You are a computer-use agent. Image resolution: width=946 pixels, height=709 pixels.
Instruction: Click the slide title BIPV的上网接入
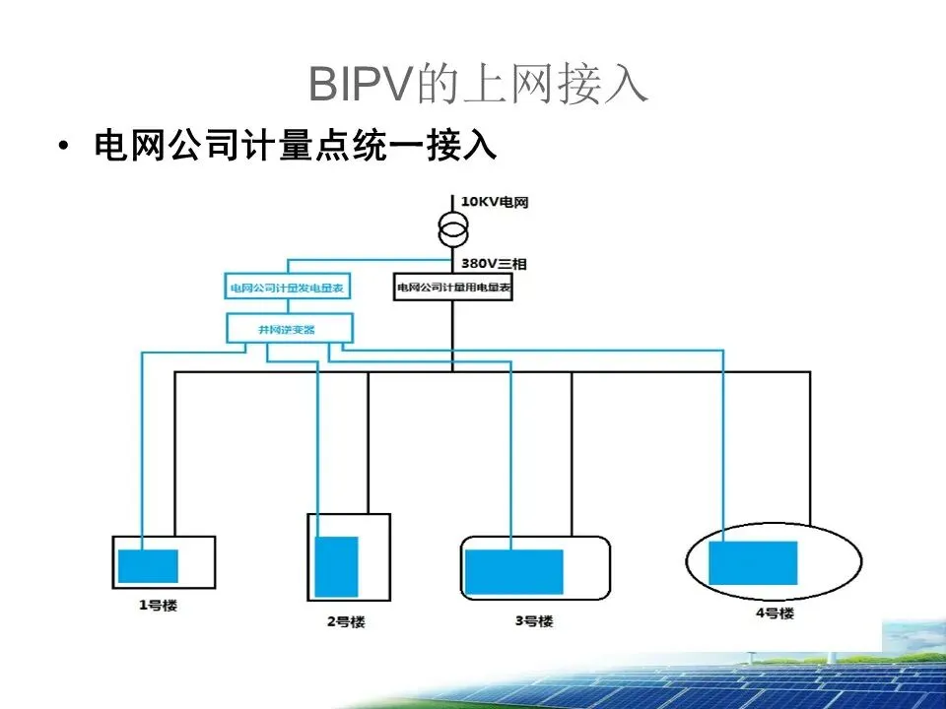pos(479,85)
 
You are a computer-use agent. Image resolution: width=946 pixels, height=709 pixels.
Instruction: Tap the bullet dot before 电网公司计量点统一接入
pos(65,148)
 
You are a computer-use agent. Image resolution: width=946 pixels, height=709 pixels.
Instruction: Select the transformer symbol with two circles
pos(453,232)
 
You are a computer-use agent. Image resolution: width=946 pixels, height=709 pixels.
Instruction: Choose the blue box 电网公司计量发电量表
pos(289,289)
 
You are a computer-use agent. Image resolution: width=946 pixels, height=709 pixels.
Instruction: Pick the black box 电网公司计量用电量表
pos(453,288)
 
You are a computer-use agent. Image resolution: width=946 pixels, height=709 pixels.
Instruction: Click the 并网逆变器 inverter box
pos(288,330)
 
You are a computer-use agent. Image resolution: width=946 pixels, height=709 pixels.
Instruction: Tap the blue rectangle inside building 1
pos(148,566)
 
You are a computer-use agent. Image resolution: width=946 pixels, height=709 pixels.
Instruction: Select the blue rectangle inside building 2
pos(336,566)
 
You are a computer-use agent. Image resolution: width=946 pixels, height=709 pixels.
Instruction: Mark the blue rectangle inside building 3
pos(513,572)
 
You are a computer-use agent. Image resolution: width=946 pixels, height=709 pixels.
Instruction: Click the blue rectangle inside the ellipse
pos(753,563)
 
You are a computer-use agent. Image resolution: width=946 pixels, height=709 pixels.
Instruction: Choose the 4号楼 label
pos(775,613)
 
